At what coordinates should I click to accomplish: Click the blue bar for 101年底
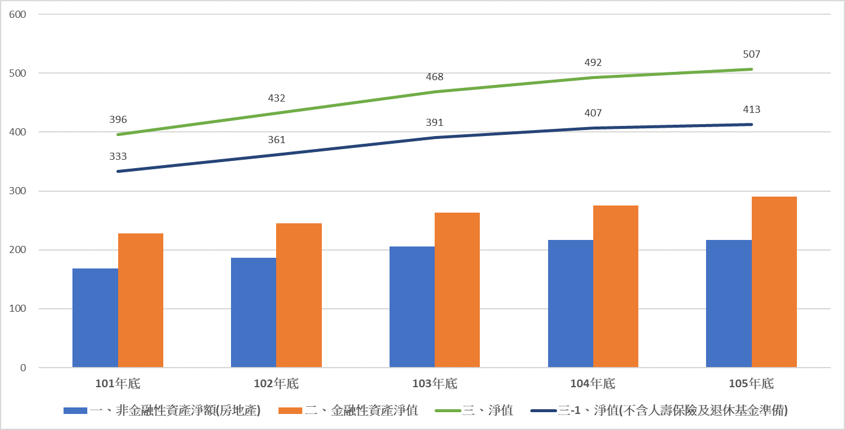click(x=95, y=318)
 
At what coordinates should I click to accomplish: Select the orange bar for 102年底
click(x=299, y=295)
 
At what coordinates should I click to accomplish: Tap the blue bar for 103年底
click(x=412, y=306)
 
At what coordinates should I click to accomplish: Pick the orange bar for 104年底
click(x=616, y=286)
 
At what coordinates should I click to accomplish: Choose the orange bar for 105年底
click(x=774, y=282)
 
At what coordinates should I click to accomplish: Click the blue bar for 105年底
click(x=729, y=303)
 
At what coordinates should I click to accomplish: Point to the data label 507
click(x=751, y=54)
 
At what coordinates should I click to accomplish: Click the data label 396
click(x=118, y=119)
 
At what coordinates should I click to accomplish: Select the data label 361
click(x=276, y=140)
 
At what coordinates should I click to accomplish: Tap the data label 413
click(x=751, y=109)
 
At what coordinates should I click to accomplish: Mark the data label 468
click(x=435, y=77)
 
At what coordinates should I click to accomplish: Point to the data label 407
click(x=593, y=113)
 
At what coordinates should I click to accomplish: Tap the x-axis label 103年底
click(x=435, y=384)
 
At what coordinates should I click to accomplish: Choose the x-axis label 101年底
click(x=118, y=384)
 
